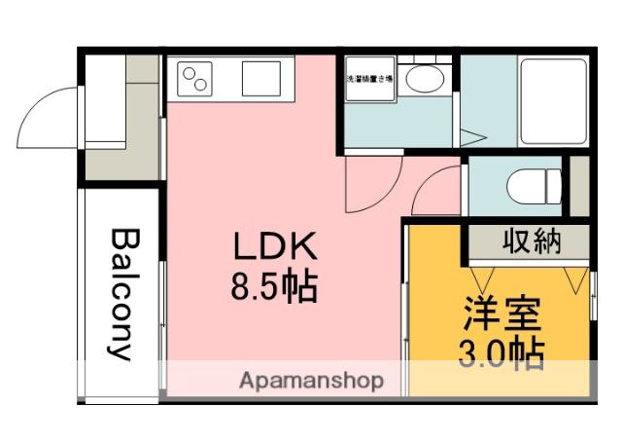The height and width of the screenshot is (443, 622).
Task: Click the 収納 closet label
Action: [x=531, y=241]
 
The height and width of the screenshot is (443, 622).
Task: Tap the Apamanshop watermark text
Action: [x=311, y=380]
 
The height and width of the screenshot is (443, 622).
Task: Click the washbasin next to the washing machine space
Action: [x=423, y=80]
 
